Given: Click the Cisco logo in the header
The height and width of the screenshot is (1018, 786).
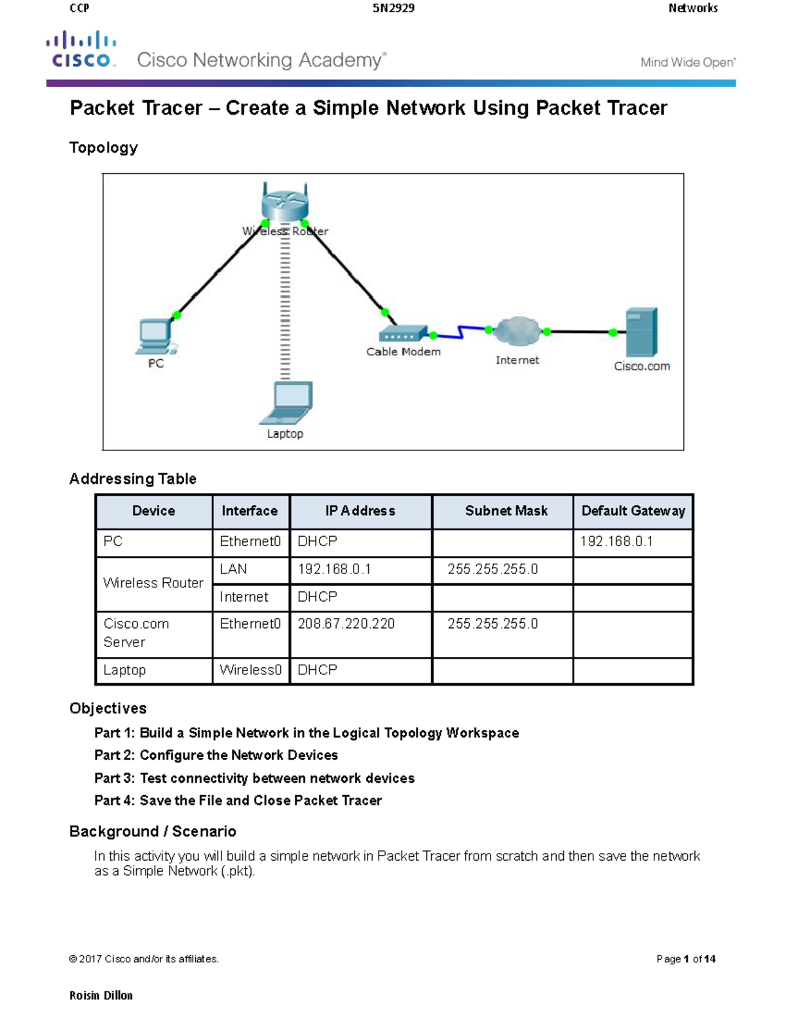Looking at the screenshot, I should (81, 50).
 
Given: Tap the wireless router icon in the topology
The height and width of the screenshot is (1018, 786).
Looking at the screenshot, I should (284, 203).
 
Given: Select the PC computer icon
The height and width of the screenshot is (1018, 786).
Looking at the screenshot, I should (155, 337).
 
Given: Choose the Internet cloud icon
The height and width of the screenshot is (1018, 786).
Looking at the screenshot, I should (517, 332).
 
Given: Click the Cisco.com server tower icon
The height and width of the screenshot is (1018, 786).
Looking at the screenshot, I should (641, 332).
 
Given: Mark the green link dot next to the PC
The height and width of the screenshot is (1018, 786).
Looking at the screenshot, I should (176, 315).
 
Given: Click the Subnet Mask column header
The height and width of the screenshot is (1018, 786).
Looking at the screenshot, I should (506, 511).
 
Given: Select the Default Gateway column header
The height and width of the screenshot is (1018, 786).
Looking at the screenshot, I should (633, 511).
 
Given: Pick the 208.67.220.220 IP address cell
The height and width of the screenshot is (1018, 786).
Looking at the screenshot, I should (346, 624).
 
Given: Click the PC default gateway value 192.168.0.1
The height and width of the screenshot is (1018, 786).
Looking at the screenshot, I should (616, 541).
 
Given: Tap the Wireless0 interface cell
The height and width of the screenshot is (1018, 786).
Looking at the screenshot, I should (250, 670).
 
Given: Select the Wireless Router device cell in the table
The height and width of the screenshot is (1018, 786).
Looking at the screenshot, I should (153, 583).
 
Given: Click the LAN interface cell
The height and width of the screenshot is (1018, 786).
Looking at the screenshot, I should (234, 569).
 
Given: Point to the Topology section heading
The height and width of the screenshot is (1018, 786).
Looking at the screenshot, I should (103, 147).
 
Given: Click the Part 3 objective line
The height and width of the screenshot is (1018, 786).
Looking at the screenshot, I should (254, 778).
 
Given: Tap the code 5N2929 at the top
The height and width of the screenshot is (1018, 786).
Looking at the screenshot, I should (393, 8).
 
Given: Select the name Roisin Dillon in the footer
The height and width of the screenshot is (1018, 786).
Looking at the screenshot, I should (101, 995).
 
